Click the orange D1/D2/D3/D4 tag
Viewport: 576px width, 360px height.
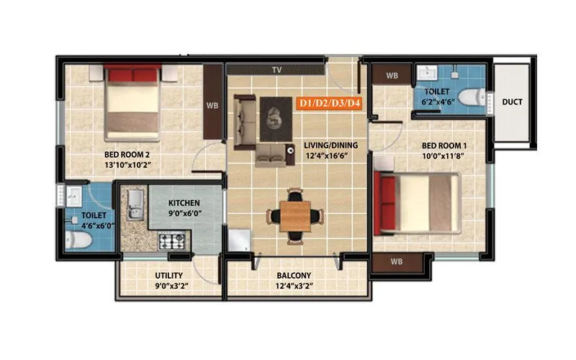(330, 104)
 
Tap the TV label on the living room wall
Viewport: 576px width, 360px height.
(276, 70)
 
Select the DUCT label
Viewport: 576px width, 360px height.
(512, 102)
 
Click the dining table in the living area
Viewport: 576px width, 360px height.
(292, 214)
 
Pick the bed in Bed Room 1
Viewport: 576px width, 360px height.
(418, 204)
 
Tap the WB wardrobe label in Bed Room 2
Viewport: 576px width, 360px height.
(212, 104)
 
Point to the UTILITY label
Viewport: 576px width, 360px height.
(169, 276)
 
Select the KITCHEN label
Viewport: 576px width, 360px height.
(184, 203)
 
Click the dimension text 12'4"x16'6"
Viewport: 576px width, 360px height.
(326, 156)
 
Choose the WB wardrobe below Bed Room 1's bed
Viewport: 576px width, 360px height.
(396, 261)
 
